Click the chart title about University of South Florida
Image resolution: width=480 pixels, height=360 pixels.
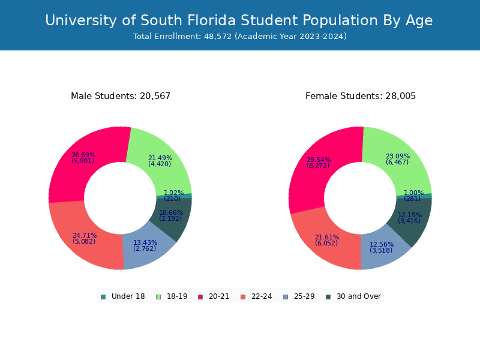(x=239, y=20)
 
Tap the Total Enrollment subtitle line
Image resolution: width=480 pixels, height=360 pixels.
(x=240, y=37)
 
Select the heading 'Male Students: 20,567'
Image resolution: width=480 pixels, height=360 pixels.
(x=121, y=96)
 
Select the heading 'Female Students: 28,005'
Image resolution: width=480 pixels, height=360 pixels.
(x=361, y=96)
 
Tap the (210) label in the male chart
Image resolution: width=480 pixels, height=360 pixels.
(x=172, y=199)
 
